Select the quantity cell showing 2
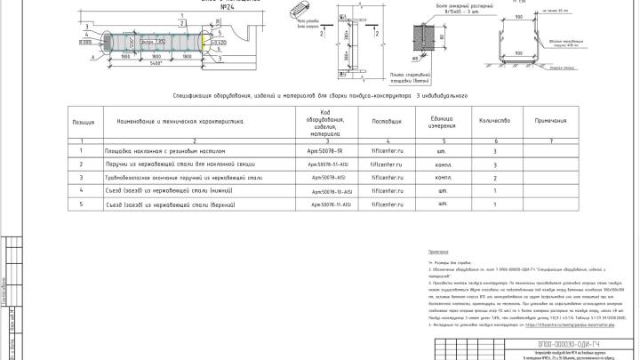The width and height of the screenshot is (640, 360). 493,178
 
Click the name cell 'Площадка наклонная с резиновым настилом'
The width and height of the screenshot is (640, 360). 160,152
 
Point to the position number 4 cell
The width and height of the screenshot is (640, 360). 82,191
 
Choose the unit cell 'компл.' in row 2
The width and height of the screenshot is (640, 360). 443,165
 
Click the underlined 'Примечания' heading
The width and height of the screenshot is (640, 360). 440,253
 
